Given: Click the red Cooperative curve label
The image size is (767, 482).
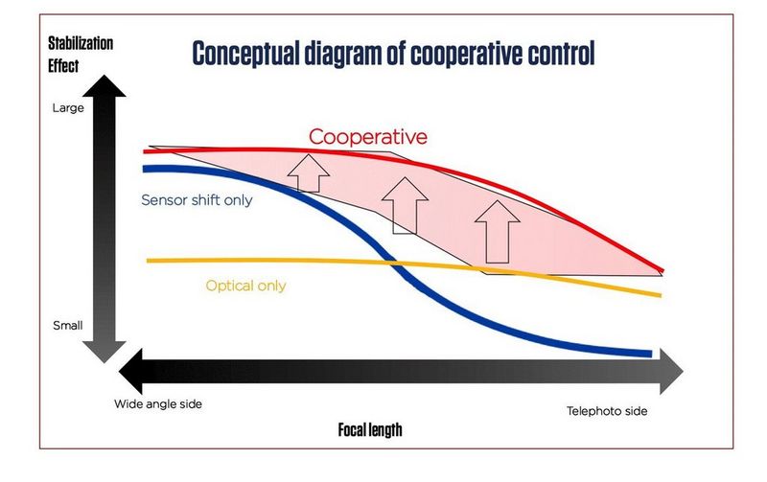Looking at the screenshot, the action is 367,137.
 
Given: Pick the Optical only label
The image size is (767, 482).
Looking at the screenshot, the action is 245,286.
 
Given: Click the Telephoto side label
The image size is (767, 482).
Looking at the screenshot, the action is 607,411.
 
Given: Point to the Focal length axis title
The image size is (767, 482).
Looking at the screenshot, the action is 369,430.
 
